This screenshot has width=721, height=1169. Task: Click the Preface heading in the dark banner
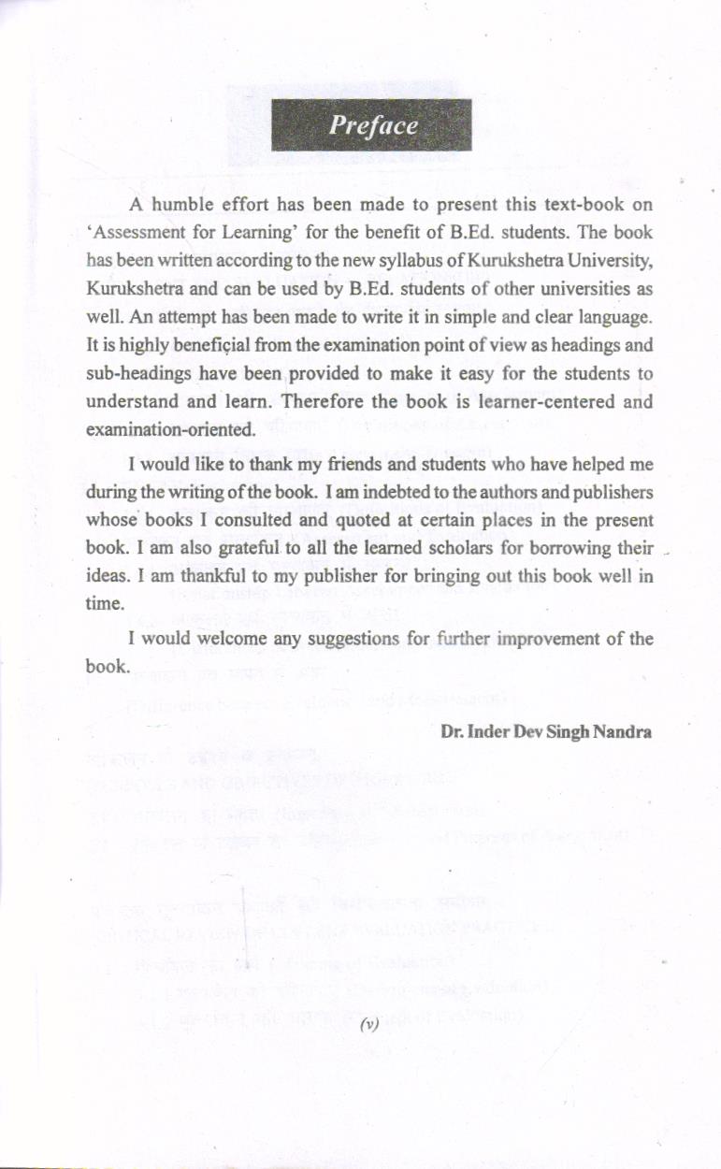[371, 126]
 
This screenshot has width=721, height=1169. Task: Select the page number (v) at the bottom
[368, 1025]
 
